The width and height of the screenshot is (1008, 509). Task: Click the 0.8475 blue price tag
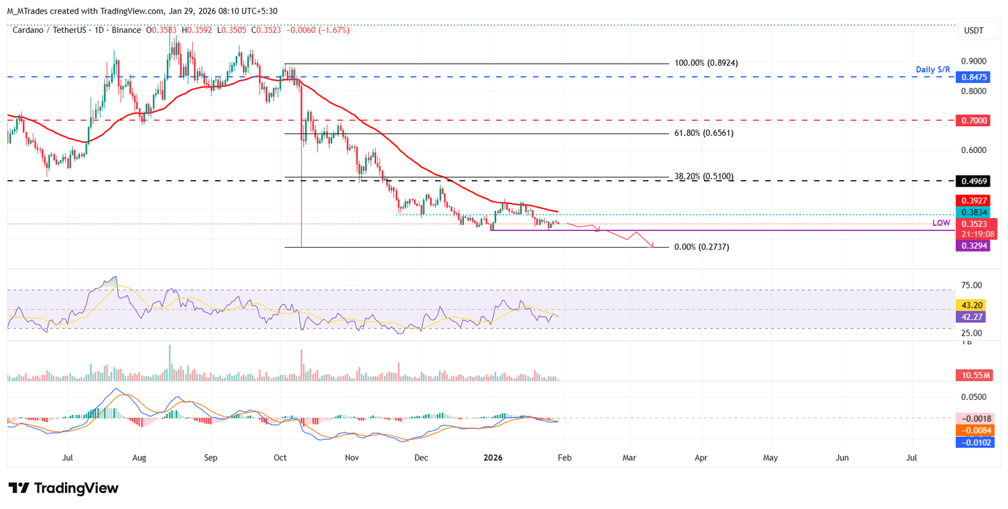[975, 77]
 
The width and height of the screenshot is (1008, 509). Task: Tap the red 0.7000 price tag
[975, 120]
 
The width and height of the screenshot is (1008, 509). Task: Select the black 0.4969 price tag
[975, 181]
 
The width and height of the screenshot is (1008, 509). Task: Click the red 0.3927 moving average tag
[975, 200]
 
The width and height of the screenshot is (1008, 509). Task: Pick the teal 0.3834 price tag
[975, 212]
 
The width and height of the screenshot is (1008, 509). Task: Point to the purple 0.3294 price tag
[975, 245]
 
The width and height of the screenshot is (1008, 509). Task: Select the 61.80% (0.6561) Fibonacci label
[703, 133]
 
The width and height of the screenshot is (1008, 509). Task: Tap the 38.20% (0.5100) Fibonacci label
[703, 177]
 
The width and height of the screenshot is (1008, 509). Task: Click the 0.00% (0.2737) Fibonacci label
[702, 247]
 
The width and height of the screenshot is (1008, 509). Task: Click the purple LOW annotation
[941, 224]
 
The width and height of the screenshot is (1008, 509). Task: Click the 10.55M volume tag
[975, 375]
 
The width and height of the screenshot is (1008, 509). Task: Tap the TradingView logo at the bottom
[63, 488]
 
